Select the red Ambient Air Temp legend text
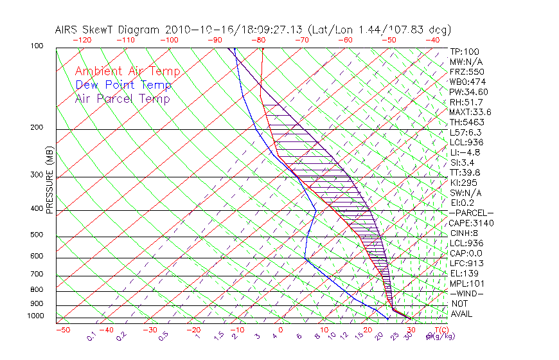click(127, 71)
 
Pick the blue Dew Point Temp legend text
click(123, 85)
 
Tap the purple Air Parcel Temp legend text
click(122, 98)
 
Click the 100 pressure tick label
click(37, 46)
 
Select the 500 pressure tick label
click(37, 235)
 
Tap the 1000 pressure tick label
click(36, 316)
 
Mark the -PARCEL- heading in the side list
click(471, 213)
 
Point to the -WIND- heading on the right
click(467, 293)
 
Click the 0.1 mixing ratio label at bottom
click(91, 336)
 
